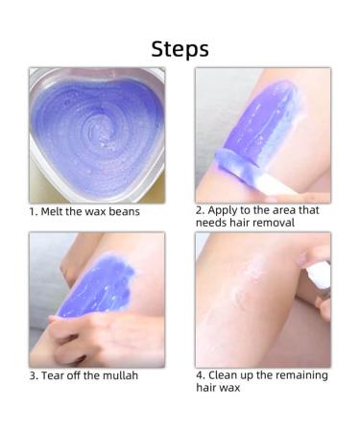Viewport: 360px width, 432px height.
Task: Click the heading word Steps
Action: pyautogui.click(x=180, y=49)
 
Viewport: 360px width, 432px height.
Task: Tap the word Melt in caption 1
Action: pyautogui.click(x=53, y=211)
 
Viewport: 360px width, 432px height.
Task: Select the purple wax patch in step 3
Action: pyautogui.click(x=98, y=285)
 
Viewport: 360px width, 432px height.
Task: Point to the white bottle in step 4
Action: pyautogui.click(x=319, y=275)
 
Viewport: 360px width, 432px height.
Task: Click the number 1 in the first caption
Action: pyautogui.click(x=33, y=212)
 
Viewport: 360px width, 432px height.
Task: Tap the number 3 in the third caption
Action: pyautogui.click(x=34, y=375)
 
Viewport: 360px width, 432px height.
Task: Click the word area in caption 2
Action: pyautogui.click(x=281, y=210)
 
